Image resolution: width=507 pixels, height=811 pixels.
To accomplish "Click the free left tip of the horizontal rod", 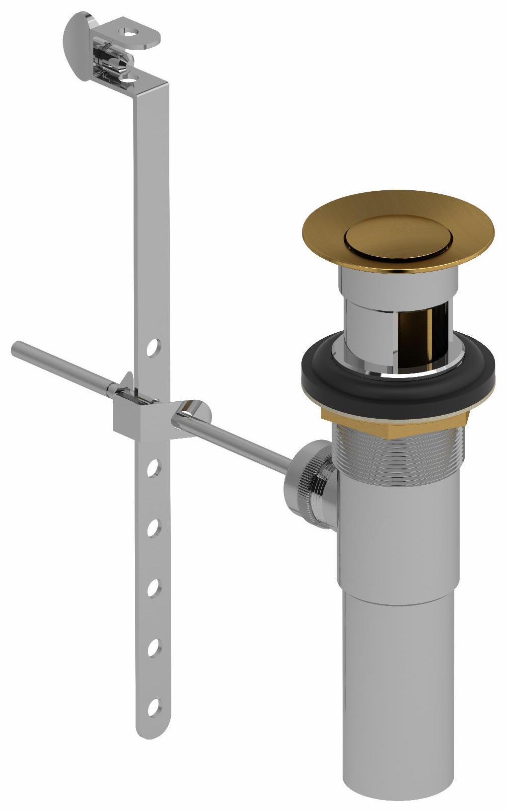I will pos(16,347).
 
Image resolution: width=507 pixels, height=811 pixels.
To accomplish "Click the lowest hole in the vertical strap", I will pos(154,705).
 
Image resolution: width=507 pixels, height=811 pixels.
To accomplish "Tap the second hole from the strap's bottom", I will pos(154,647).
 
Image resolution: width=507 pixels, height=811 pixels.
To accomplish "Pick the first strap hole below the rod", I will pos(154,467).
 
